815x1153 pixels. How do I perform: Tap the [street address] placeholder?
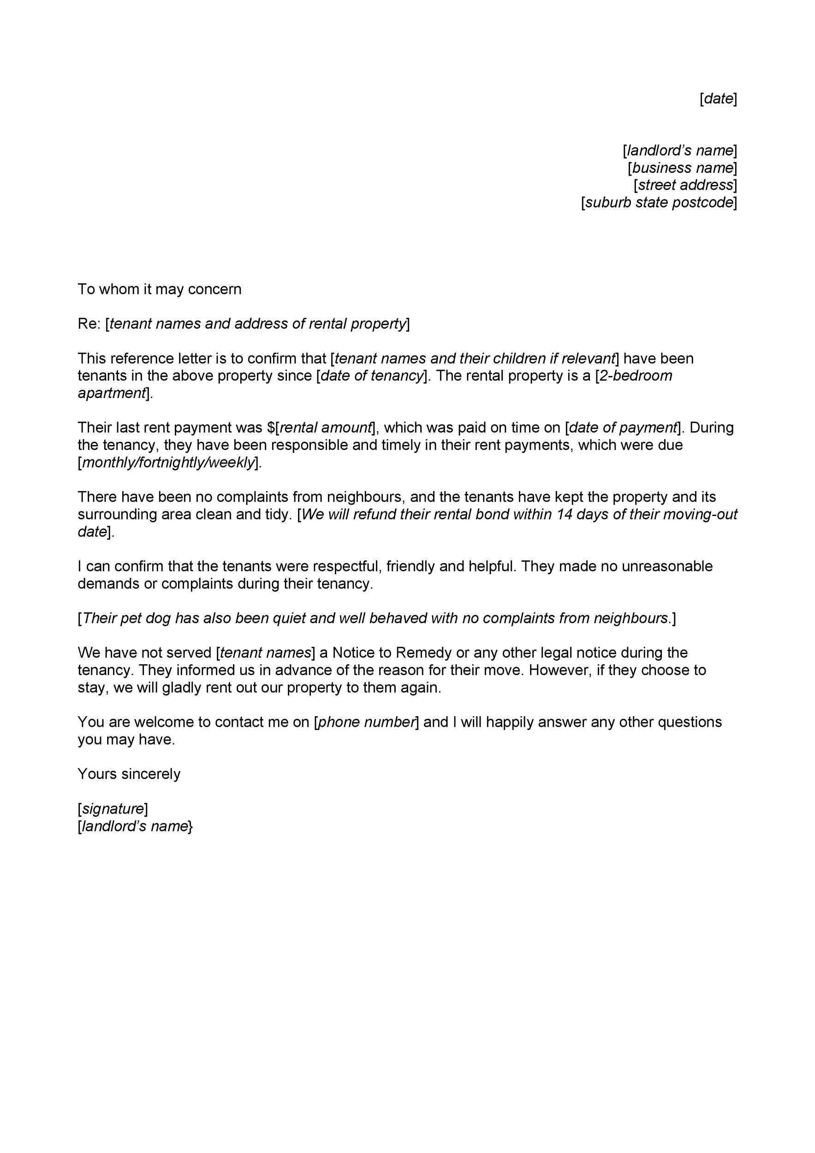click(x=685, y=185)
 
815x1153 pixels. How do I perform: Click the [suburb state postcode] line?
click(x=659, y=203)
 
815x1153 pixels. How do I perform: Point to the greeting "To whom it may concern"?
click(x=159, y=289)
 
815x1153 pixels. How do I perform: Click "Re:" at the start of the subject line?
click(x=89, y=324)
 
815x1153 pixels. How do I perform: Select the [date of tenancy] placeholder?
click(x=372, y=375)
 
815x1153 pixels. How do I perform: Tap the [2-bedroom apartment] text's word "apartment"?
click(x=112, y=393)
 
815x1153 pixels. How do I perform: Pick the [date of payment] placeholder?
click(x=622, y=428)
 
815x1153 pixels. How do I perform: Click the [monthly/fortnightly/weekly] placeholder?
click(x=168, y=463)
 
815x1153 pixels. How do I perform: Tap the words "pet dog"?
click(x=145, y=618)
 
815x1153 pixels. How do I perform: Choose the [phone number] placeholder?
click(x=366, y=722)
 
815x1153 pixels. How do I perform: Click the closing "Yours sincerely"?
click(x=129, y=774)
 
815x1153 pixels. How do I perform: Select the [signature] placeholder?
click(x=113, y=808)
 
